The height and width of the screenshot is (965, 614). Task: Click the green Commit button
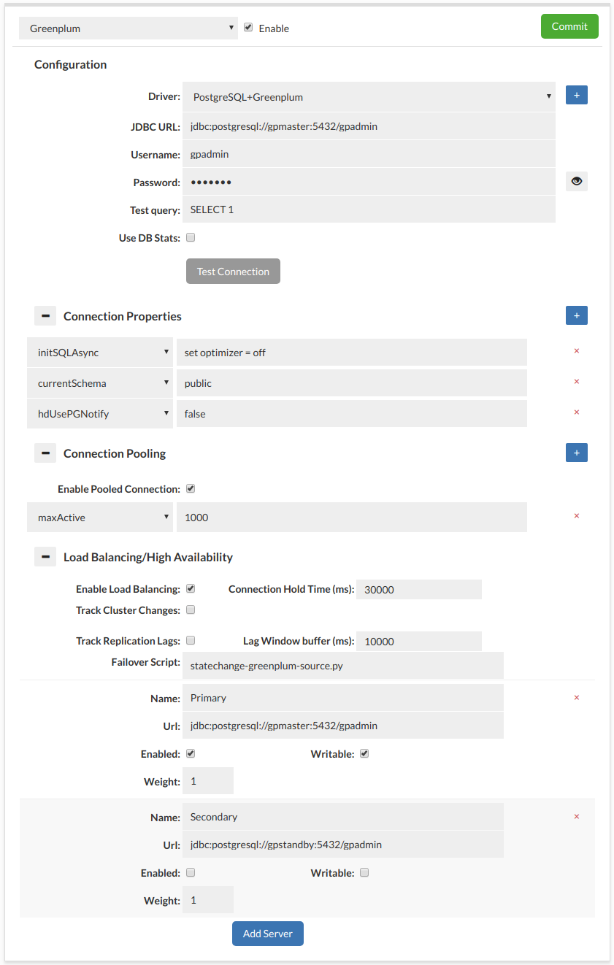pos(569,26)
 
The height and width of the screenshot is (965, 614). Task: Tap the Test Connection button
pos(233,272)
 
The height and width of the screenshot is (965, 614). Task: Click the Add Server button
pos(267,934)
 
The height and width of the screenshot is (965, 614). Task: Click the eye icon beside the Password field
pos(577,182)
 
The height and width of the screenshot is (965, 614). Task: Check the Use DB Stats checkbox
pos(191,237)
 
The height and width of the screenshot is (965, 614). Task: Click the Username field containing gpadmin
pos(369,155)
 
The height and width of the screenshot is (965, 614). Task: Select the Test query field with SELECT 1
pos(369,210)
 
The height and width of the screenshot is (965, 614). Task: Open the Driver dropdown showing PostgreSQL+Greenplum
pos(369,96)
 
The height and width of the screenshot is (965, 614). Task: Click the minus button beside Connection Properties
pos(45,316)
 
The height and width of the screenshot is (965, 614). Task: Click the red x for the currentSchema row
pos(577,382)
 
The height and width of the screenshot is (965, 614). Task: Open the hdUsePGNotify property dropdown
pos(100,414)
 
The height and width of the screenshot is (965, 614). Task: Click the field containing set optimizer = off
pos(351,353)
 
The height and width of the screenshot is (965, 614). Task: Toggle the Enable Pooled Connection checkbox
pos(191,489)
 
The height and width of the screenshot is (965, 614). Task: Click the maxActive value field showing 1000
pos(351,518)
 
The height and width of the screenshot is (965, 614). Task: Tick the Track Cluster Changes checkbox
pos(191,610)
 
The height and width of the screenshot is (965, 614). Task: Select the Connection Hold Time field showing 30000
pos(418,590)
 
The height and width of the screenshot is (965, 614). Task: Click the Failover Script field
pos(342,666)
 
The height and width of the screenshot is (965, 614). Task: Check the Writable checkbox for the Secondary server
pos(364,872)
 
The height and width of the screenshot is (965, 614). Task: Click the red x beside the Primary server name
pos(577,698)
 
